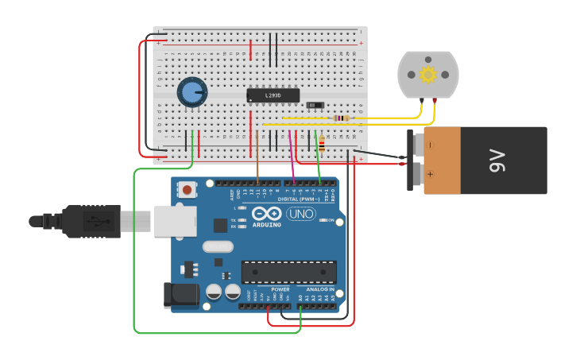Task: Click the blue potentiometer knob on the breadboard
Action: pyautogui.click(x=191, y=92)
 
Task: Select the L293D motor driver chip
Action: pyautogui.click(x=273, y=95)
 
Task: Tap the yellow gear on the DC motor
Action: pyautogui.click(x=428, y=75)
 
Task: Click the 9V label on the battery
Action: pyautogui.click(x=497, y=161)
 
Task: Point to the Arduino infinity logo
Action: pyautogui.click(x=266, y=213)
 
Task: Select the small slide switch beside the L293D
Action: pyautogui.click(x=315, y=105)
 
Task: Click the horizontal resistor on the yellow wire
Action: pyautogui.click(x=342, y=118)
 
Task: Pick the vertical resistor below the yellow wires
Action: pyautogui.click(x=322, y=145)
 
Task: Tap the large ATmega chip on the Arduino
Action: pyautogui.click(x=288, y=272)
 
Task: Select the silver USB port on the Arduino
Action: pyautogui.click(x=175, y=221)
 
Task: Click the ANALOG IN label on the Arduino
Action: pyautogui.click(x=320, y=289)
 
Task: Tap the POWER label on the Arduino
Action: pyautogui.click(x=280, y=289)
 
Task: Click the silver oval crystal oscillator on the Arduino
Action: pyautogui.click(x=218, y=246)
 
